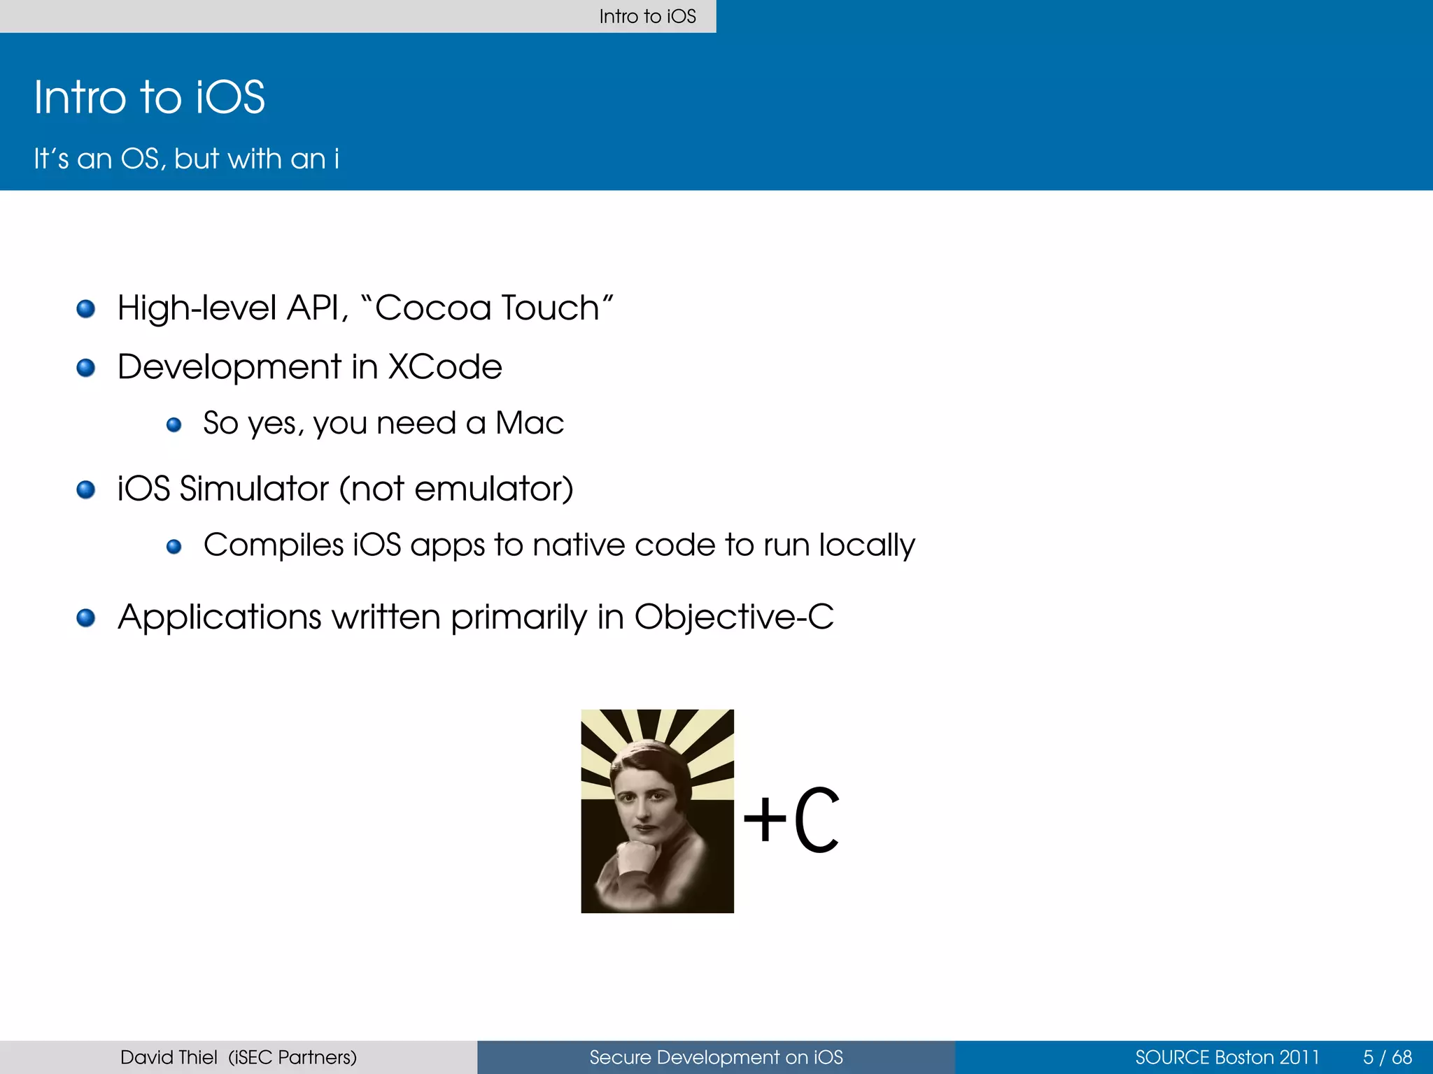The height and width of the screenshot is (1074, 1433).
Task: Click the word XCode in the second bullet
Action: [445, 367]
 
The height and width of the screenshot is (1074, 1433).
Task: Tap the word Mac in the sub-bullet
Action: [530, 423]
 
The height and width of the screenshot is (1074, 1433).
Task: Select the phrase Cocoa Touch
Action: [487, 308]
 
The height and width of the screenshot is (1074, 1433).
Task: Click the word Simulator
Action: [254, 488]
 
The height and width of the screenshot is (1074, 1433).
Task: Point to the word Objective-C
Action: [734, 617]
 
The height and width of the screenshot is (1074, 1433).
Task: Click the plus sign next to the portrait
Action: [765, 819]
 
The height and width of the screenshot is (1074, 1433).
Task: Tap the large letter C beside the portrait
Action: [817, 819]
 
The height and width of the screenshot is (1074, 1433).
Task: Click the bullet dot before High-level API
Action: [86, 308]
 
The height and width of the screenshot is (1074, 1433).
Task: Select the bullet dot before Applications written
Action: [86, 617]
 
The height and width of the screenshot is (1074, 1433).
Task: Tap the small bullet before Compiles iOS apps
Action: [174, 546]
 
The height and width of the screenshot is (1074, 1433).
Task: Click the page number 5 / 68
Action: [1387, 1057]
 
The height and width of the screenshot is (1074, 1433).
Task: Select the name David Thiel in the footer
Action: [169, 1057]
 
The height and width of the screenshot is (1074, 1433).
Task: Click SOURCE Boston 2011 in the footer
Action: [1227, 1057]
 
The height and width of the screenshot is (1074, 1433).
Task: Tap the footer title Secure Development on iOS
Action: [716, 1057]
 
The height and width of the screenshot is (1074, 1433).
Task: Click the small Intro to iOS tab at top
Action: [647, 16]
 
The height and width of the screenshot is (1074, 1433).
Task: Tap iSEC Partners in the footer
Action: [292, 1057]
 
